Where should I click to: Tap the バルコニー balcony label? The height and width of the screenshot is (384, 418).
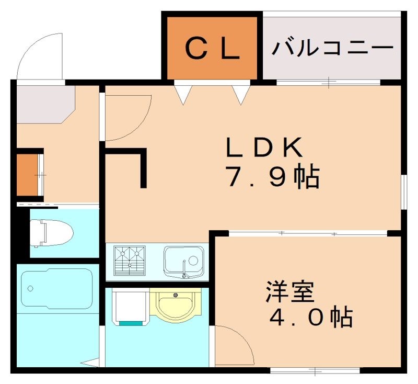tap(332, 49)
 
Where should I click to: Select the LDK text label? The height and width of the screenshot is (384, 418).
tap(264, 148)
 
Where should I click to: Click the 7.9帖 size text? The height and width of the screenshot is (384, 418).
tap(272, 178)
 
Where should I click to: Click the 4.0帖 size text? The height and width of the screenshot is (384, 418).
tap(310, 317)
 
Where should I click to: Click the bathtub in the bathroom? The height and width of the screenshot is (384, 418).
tap(56, 289)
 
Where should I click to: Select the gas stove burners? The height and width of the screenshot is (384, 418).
tap(131, 259)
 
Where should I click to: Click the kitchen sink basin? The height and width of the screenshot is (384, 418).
tap(182, 260)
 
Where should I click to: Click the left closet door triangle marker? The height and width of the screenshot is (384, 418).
tap(183, 95)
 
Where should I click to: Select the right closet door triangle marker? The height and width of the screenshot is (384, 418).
tap(241, 95)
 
